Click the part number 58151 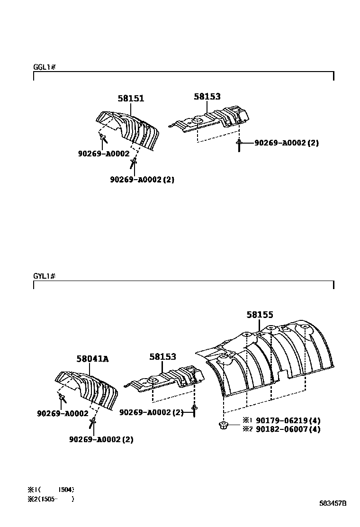(131, 99)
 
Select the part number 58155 (260, 314)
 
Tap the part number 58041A (92, 359)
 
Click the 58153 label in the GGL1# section (207, 96)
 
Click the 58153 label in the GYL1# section (162, 356)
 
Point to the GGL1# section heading (45, 67)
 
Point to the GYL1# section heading (45, 276)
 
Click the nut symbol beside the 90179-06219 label (223, 425)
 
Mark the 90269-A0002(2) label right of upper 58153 (286, 143)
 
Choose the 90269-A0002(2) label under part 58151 (142, 180)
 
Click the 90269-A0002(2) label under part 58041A (101, 439)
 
